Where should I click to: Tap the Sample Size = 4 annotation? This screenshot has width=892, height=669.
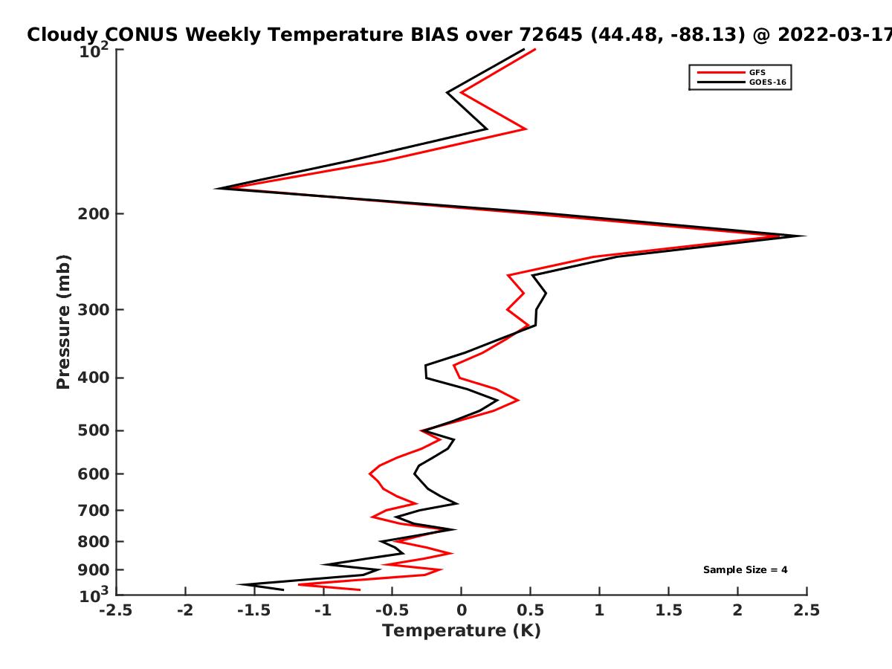pos(745,570)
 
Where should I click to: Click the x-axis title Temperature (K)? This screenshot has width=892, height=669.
pos(462,631)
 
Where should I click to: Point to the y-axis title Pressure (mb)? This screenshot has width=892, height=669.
pos(63,322)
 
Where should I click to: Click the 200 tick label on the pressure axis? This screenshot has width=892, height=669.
pos(94,213)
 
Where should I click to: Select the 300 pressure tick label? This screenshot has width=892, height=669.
pos(94,309)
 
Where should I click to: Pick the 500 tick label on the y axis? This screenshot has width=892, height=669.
pos(94,430)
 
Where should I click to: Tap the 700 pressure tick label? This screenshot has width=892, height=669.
pos(94,510)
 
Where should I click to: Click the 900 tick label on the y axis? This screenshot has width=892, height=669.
pos(94,570)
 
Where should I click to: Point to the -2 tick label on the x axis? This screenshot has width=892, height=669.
pos(185,610)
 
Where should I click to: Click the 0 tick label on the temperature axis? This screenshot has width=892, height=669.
pos(462,610)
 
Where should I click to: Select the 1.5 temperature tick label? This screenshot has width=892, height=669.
pos(669,610)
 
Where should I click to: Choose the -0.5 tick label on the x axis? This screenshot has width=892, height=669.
pos(392,610)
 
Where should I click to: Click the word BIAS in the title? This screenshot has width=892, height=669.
pos(435,34)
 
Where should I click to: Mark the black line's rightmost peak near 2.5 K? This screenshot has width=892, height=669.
pos(805,236)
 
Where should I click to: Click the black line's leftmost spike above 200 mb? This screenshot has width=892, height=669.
pos(216,189)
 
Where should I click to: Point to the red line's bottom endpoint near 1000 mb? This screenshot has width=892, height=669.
pos(360,589)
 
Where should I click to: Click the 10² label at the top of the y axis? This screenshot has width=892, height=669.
pos(94,51)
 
